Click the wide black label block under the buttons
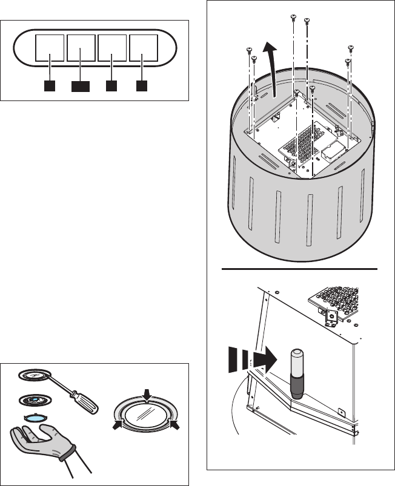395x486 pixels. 81,86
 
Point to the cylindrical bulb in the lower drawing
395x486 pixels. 297,372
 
